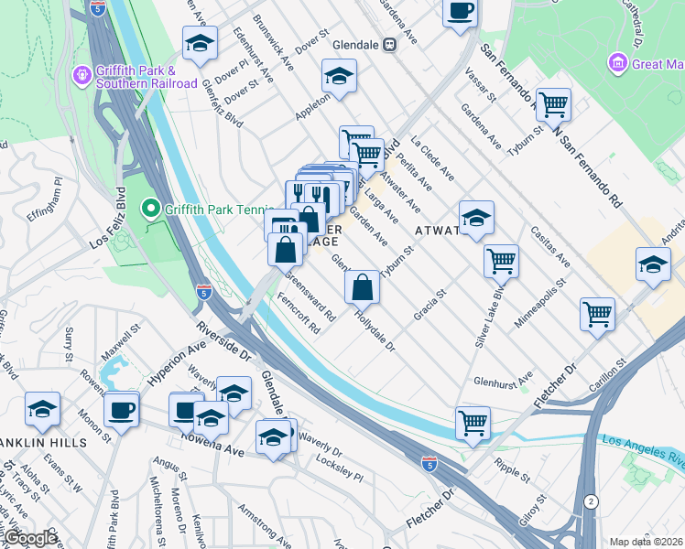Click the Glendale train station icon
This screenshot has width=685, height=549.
coord(389,43)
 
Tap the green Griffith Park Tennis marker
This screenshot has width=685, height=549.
coord(150,209)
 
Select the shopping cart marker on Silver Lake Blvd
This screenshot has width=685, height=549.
coord(501,261)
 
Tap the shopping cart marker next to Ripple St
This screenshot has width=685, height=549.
coord(473,423)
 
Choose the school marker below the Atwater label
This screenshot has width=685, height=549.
coord(476,219)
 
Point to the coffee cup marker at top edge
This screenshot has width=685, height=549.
coord(460,11)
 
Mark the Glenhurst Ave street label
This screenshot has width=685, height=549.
coord(502,380)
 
